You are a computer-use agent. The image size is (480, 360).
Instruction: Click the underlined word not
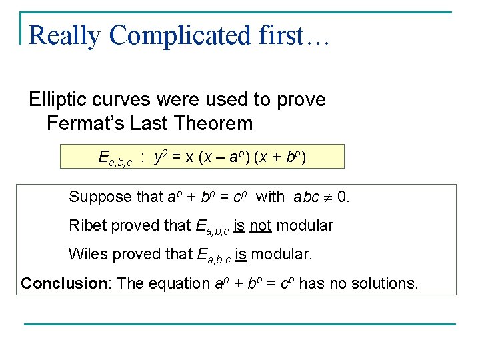(x=260, y=225)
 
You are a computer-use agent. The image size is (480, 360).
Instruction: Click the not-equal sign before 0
(x=327, y=197)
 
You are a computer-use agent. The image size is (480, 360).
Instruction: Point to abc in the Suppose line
(x=305, y=197)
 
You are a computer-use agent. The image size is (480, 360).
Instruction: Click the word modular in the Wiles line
(x=279, y=254)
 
